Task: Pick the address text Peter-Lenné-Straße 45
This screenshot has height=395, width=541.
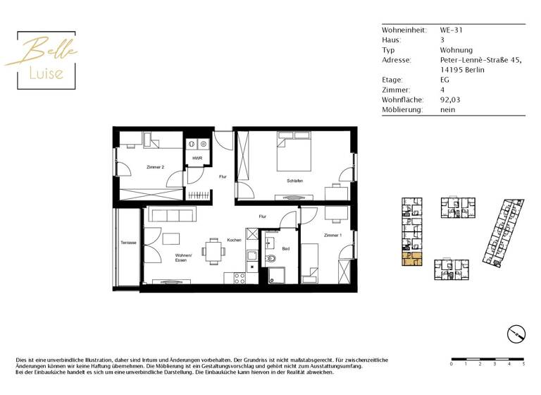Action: [x=480, y=61]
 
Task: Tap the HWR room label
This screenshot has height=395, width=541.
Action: [x=197, y=158]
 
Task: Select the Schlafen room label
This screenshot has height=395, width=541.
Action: [x=294, y=181]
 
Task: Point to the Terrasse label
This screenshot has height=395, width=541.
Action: [x=128, y=243]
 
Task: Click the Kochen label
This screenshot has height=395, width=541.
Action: [x=234, y=240]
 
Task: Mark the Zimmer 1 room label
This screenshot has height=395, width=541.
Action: [x=332, y=235]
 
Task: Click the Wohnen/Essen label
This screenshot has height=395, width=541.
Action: [x=173, y=257]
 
